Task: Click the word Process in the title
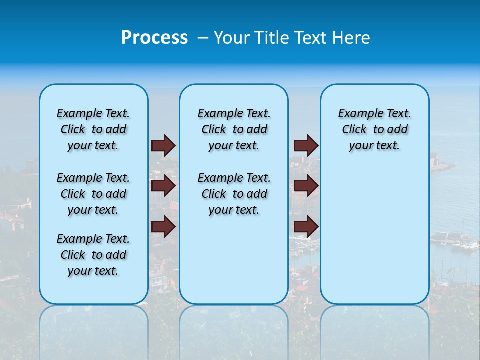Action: (154, 38)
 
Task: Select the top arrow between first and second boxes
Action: (163, 145)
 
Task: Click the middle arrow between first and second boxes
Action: (163, 186)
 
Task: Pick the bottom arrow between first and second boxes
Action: (163, 227)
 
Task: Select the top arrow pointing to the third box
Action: (306, 145)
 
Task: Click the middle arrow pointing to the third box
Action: (306, 186)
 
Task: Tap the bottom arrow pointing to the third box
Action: (306, 227)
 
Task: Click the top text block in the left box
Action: (93, 129)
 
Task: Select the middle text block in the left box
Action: (93, 194)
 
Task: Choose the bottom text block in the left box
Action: (93, 255)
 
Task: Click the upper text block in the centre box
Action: (234, 129)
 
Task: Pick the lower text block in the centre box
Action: (234, 194)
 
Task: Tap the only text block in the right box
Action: (374, 129)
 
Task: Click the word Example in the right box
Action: (357, 114)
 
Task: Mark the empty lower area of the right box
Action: (374, 235)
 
